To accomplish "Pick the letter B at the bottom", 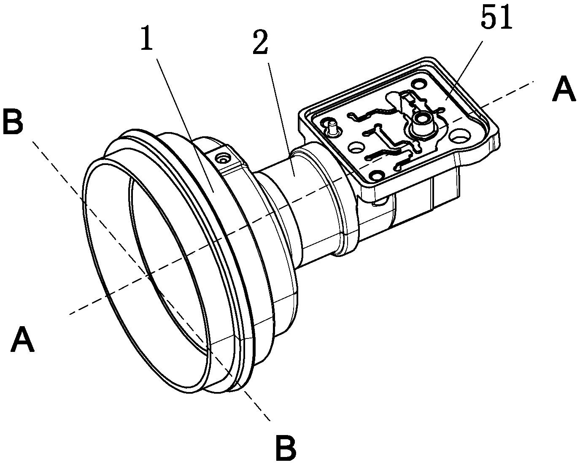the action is point(286,447).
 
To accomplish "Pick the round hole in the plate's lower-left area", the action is point(356,147).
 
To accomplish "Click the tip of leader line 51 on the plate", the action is point(446,100).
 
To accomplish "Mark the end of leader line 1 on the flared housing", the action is point(213,192).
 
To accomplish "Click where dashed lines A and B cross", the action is point(148,276).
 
